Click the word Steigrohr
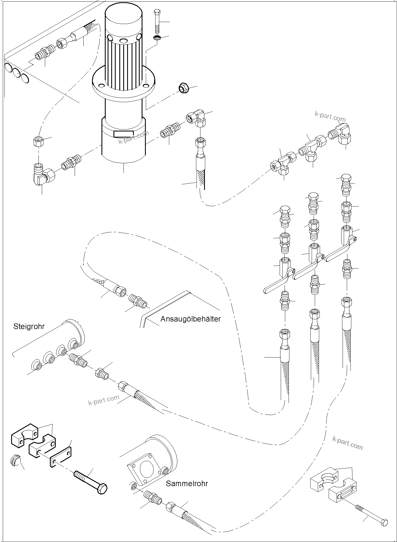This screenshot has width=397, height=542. click(x=29, y=326)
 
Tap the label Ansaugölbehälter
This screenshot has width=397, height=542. click(x=190, y=319)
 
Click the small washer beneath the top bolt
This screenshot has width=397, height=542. click(x=157, y=38)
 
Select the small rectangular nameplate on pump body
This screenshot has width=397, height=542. click(x=123, y=134)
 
